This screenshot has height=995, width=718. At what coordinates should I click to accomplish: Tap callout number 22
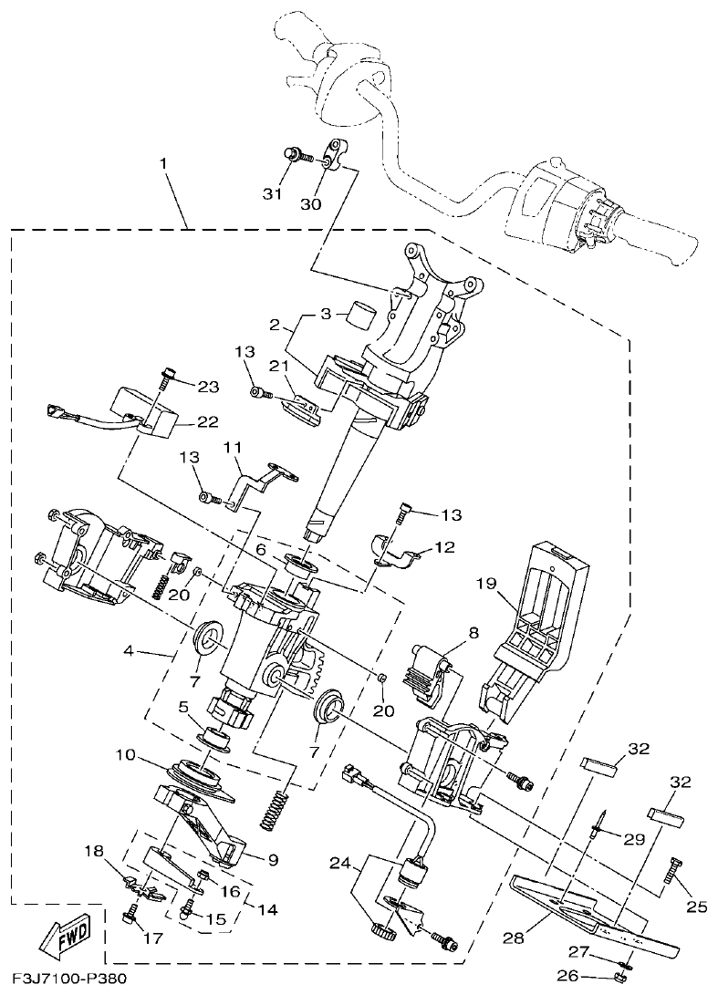(x=208, y=421)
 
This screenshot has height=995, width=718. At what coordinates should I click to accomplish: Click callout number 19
(x=484, y=580)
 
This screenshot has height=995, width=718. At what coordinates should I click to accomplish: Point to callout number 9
(x=247, y=858)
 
